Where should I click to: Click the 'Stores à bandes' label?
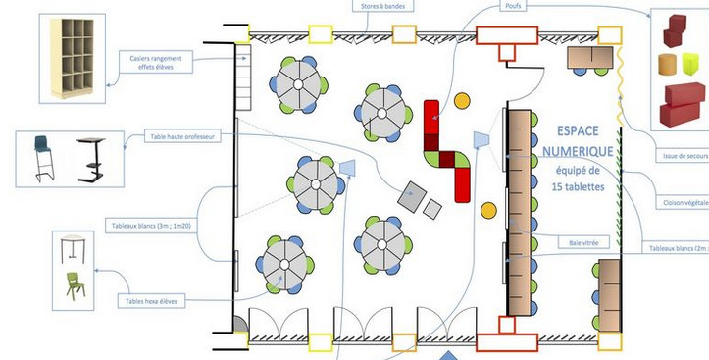pos(383,6)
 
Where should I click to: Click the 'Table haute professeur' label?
pos(182,137)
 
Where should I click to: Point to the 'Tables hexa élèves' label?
pos(150,301)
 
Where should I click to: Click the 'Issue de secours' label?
pos(684,156)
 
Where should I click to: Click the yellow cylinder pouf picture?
pos(668,66)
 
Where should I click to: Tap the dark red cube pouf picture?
pos(678,29)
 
